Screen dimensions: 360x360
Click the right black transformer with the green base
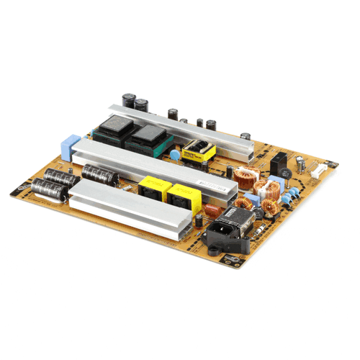(x=150, y=136)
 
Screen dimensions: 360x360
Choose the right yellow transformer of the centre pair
(x=179, y=194)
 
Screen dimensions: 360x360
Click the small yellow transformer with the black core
(x=198, y=153)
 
